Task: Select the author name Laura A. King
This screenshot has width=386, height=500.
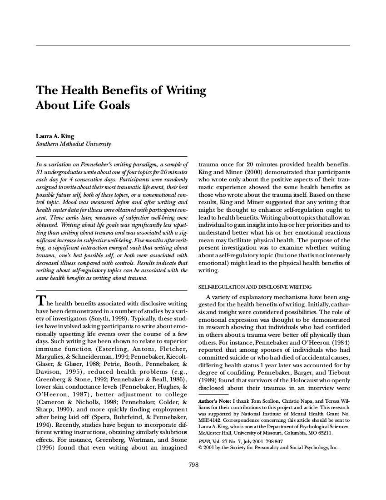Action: pyautogui.click(x=55, y=136)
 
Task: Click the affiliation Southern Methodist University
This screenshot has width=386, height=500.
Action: pyautogui.click(x=73, y=144)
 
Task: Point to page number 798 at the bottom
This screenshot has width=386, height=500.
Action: pyautogui.click(x=193, y=464)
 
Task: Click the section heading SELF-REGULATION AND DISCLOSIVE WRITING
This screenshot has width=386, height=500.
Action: pyautogui.click(x=255, y=287)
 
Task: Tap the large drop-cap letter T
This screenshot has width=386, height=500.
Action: pyautogui.click(x=40, y=301)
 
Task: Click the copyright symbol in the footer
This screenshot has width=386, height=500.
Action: pyautogui.click(x=201, y=447)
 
